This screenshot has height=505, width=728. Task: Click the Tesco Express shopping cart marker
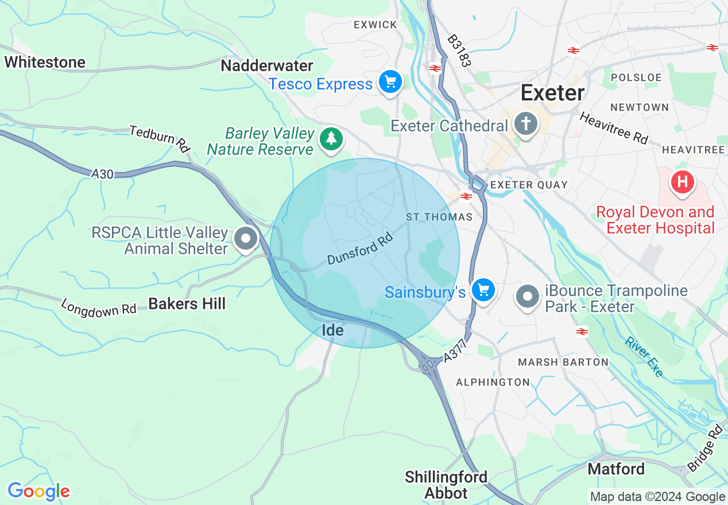coord(390,83)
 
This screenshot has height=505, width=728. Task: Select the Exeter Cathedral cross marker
coord(525,124)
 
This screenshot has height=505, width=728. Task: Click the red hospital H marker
coord(682,182)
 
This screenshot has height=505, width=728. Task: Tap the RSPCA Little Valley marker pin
coord(246,238)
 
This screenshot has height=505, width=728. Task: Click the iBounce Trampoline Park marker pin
coord(528,297)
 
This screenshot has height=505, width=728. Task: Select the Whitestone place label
coord(45,62)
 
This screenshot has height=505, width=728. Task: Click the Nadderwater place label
coord(267,65)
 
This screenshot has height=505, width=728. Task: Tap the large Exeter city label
coord(552,92)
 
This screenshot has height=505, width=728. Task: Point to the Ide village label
coord(332,330)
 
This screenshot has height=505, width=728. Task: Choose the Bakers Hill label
coord(187,304)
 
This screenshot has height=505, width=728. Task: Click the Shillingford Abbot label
coord(446,485)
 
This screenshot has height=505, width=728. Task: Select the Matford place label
coord(616,469)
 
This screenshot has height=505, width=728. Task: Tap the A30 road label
coord(102,173)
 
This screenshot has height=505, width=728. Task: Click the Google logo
coord(38,492)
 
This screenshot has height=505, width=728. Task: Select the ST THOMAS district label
coord(439,217)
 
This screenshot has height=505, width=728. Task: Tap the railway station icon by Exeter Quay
coord(466,196)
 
